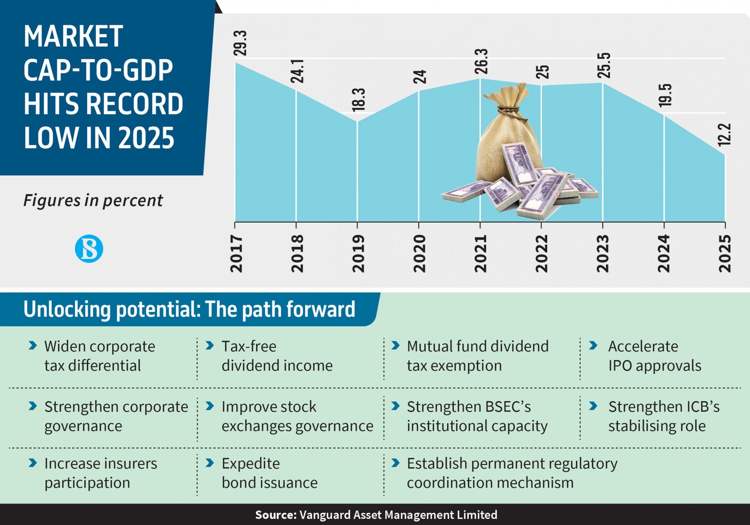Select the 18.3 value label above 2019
(x=359, y=99)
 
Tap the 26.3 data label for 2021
(x=481, y=61)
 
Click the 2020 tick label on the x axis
(x=419, y=254)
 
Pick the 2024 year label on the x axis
(x=664, y=254)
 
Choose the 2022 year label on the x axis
(x=541, y=254)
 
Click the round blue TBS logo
(x=89, y=249)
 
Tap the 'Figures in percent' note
(x=93, y=200)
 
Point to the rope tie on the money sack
(x=509, y=110)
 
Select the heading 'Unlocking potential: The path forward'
(x=189, y=310)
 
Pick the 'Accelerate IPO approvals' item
(x=654, y=356)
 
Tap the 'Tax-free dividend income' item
(x=277, y=356)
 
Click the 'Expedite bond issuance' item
(x=270, y=473)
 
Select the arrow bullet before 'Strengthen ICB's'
(x=593, y=406)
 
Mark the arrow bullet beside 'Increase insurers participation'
(x=32, y=463)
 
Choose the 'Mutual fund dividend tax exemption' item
(x=477, y=356)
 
